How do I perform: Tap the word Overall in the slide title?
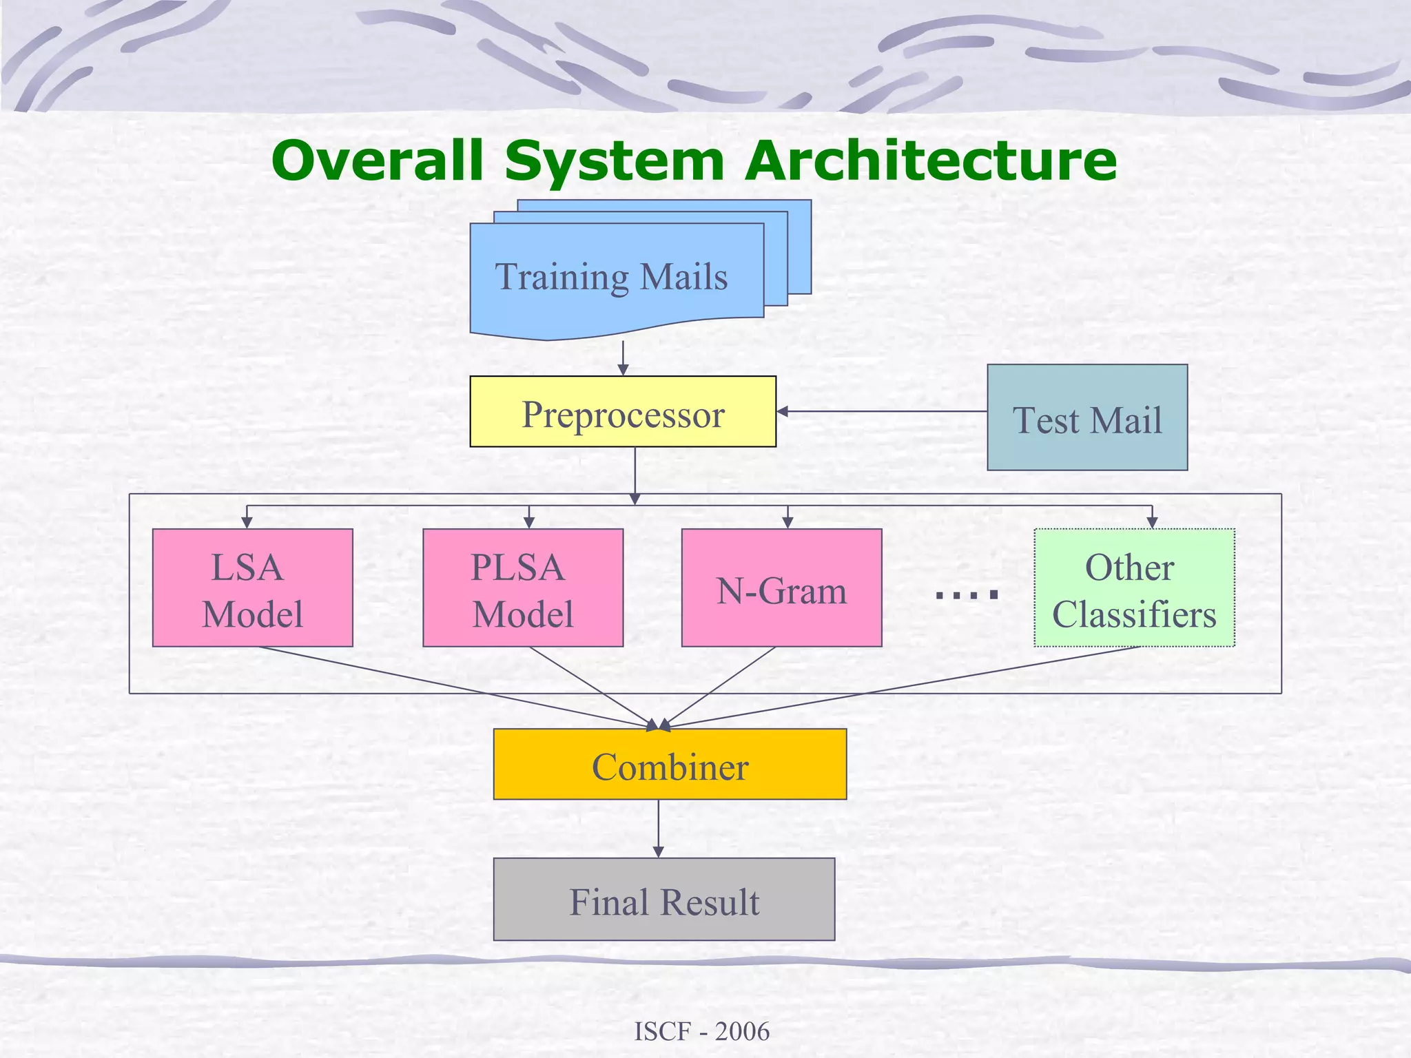377,160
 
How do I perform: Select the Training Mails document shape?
612,277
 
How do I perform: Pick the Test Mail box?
1086,418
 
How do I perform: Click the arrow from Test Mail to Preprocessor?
882,411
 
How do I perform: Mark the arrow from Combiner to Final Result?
658,828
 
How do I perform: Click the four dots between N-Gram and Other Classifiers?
967,594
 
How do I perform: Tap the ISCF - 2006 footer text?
701,1031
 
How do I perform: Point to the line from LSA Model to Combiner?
455,687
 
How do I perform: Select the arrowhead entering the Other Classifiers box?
1152,523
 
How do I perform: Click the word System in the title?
614,160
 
